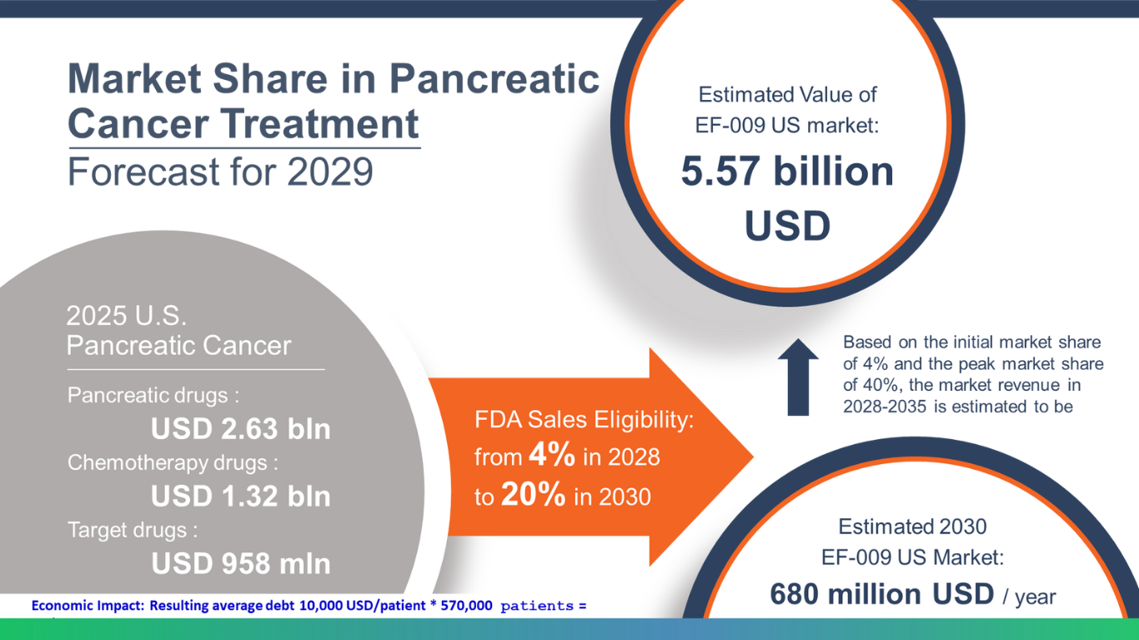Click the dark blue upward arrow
798,377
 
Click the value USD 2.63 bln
240,428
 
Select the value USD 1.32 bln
240,496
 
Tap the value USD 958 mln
240,563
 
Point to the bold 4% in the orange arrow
552,453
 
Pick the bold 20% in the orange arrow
534,493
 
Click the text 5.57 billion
787,172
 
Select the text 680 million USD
881,593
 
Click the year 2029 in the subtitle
330,172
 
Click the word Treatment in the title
319,123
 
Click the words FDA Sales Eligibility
584,420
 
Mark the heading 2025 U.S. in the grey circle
127,316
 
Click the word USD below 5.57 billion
787,226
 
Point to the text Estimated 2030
912,527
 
